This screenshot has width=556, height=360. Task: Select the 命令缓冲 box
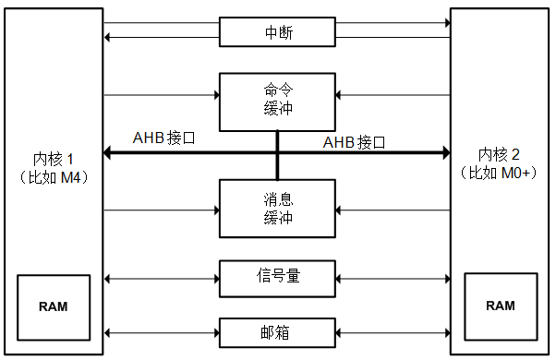(x=278, y=102)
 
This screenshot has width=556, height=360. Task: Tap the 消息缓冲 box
(x=278, y=209)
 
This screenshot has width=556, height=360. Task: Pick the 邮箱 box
(x=278, y=331)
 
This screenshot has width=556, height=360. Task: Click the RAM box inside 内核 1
(x=53, y=306)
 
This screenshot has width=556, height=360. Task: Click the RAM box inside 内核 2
(x=501, y=306)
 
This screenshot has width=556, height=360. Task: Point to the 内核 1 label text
(x=54, y=157)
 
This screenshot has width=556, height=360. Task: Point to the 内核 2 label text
(x=501, y=153)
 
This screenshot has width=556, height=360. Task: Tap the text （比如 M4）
(x=54, y=175)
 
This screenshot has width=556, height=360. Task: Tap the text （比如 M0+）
(x=501, y=173)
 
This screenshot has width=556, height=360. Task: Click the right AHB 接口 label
(x=354, y=142)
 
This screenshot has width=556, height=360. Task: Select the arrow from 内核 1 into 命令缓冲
(x=162, y=94)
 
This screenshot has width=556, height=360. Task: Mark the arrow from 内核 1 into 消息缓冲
(x=162, y=210)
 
